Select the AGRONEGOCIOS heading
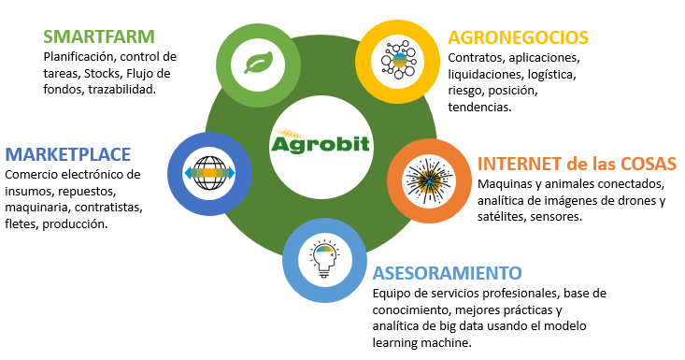coord(518,37)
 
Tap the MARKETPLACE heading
coord(67,153)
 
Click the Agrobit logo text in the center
coord(321,144)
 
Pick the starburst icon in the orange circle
coord(429,182)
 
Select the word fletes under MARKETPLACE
coord(21,224)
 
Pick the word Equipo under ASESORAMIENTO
coord(393,293)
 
